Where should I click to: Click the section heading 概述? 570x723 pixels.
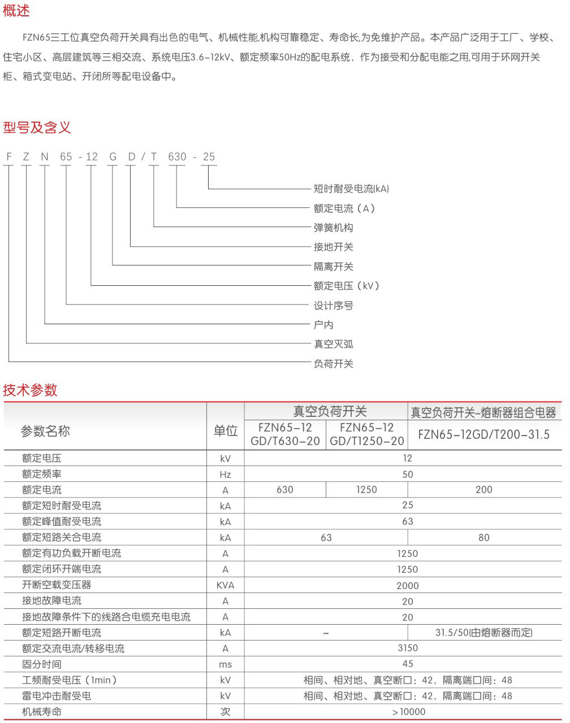[16, 10]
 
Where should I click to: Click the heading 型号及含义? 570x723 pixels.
[37, 128]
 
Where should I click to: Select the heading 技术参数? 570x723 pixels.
[31, 390]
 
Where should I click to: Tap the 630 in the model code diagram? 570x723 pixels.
[177, 157]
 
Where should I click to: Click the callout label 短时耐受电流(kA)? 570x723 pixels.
[351, 189]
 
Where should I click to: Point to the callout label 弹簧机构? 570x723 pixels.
[334, 228]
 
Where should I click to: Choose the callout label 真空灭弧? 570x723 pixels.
[334, 344]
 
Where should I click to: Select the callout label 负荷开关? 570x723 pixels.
[334, 364]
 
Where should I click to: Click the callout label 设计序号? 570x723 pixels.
[334, 306]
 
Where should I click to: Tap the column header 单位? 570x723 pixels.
[225, 431]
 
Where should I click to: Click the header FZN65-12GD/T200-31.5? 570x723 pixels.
[483, 434]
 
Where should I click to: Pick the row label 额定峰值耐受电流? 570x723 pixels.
[62, 521]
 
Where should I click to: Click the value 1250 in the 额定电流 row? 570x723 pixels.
[366, 490]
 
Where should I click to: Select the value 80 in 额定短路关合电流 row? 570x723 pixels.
[483, 538]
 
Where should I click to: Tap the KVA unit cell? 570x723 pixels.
[225, 585]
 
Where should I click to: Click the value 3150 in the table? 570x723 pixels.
[407, 648]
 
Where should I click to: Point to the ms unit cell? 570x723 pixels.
[225, 664]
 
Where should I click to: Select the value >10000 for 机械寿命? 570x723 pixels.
[407, 712]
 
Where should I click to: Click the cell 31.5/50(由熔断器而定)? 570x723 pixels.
[483, 633]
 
